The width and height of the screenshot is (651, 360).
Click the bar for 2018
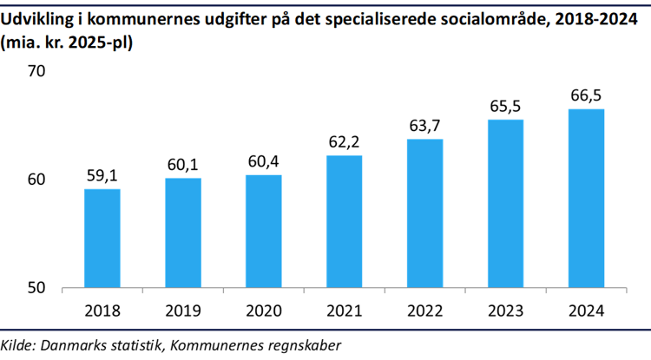click(x=102, y=239)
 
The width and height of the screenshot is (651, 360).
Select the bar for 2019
click(x=182, y=232)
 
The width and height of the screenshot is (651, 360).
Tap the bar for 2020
click(x=263, y=231)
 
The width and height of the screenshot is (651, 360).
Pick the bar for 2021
click(x=344, y=221)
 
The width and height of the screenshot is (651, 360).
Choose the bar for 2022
click(x=424, y=213)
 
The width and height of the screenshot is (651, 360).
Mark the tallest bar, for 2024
click(x=586, y=198)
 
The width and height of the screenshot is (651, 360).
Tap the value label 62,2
click(x=344, y=142)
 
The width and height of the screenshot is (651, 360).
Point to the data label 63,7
click(x=424, y=126)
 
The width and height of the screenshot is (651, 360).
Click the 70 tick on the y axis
click(x=37, y=71)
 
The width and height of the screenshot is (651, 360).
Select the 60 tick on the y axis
click(x=37, y=180)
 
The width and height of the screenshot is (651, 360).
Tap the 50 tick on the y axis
click(x=37, y=288)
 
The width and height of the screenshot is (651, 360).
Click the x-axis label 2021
click(x=344, y=310)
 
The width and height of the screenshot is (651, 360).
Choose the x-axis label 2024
click(x=586, y=310)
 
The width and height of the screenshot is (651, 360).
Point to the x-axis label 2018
click(x=102, y=310)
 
